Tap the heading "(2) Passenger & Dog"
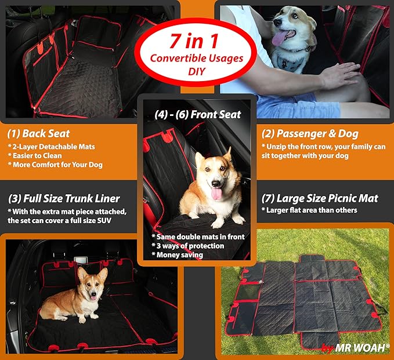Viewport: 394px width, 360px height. pyautogui.click(x=310, y=133)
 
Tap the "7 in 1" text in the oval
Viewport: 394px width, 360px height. pyautogui.click(x=196, y=42)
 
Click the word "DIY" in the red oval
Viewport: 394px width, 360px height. pyautogui.click(x=196, y=71)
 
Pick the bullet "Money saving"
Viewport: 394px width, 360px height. pyautogui.click(x=180, y=255)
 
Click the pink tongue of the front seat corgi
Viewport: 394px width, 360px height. pyautogui.click(x=216, y=192)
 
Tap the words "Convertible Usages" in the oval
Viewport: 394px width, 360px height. pyautogui.click(x=196, y=58)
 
